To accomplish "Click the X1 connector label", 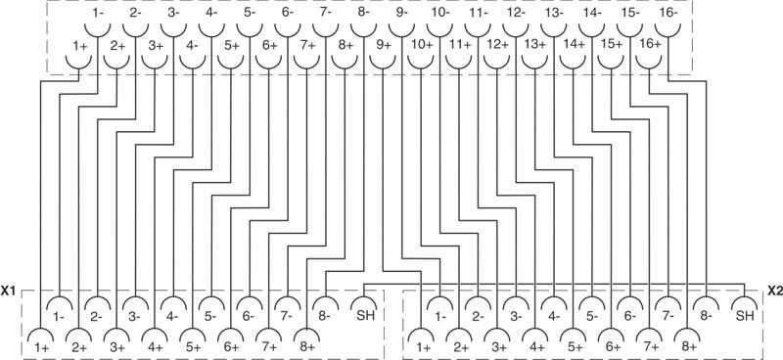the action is (x=9, y=291).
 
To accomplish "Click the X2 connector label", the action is (x=774, y=291).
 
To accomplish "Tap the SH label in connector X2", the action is (x=745, y=315).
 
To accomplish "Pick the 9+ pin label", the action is (x=383, y=44).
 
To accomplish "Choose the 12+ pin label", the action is (x=497, y=44).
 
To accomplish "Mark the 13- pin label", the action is (x=553, y=13).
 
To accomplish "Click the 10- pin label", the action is (x=439, y=13).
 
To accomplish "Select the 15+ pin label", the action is (x=612, y=44).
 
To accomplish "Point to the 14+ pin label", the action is (x=574, y=44).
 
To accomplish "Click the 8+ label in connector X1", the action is (x=307, y=346).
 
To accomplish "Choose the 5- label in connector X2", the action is (x=592, y=315).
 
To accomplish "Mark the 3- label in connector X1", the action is (x=134, y=315).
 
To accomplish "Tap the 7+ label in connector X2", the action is (x=650, y=346).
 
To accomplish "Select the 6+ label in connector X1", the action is (x=231, y=346).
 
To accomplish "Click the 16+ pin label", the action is (x=649, y=44).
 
